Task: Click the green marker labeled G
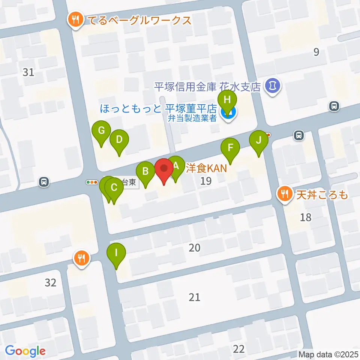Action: click(101, 131)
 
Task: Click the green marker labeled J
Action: click(258, 140)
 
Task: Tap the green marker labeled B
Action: click(145, 172)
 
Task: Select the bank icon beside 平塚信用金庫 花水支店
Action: click(272, 86)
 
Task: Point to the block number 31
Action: click(28, 72)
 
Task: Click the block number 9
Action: click(316, 52)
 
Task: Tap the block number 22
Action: click(238, 349)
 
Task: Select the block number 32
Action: click(50, 282)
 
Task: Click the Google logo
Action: click(25, 351)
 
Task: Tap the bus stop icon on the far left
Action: click(44, 182)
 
